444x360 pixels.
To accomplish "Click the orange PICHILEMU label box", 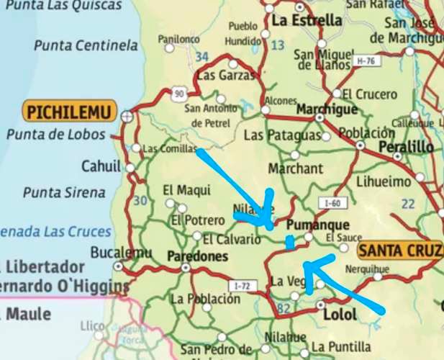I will click(69, 112).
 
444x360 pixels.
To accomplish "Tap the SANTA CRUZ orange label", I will click(399, 251).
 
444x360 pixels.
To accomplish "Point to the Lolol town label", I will click(340, 315).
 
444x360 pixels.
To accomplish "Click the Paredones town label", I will click(197, 256).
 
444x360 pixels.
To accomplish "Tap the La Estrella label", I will click(307, 20).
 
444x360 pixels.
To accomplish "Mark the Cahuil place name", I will click(101, 166).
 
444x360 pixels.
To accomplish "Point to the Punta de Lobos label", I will click(55, 135).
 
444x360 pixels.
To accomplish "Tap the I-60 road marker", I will click(332, 204).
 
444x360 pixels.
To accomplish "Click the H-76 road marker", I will click(366, 63).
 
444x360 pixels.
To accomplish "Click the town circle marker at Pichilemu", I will click(127, 114).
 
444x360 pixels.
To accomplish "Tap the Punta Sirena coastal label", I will click(64, 192).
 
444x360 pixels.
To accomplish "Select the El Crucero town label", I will click(369, 94).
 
